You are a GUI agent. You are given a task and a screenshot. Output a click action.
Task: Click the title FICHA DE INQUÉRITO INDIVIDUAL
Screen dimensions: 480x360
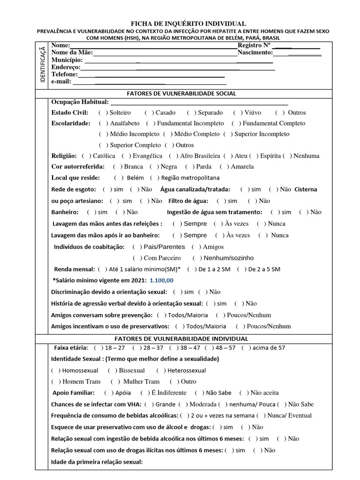coord(187,23)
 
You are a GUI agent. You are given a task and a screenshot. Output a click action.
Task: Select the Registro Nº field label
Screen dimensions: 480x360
coord(255,45)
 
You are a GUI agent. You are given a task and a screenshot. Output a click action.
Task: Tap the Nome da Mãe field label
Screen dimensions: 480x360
coord(72,52)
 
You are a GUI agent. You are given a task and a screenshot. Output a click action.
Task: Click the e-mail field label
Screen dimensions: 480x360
coord(61,81)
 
